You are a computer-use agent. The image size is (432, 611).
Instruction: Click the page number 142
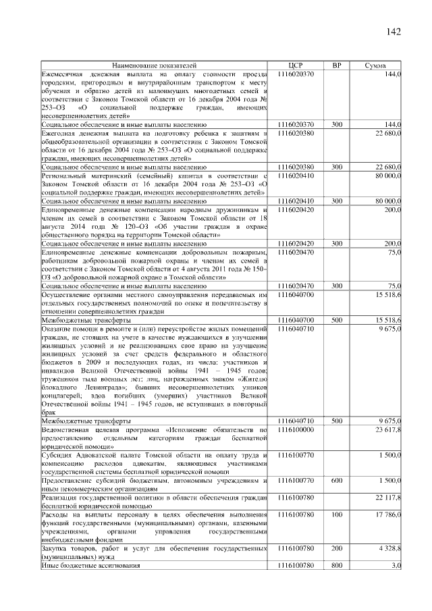[x=394, y=32]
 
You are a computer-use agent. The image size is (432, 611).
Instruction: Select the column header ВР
[x=337, y=65]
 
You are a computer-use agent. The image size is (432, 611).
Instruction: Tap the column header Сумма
[x=375, y=65]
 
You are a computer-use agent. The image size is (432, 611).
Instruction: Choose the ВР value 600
[x=337, y=480]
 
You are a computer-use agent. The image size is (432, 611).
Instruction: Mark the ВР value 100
[x=337, y=514]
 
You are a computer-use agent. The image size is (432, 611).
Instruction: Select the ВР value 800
[x=337, y=566]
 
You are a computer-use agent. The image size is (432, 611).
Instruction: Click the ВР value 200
[x=337, y=549]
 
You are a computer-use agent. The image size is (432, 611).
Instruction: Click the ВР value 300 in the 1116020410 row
[x=337, y=201]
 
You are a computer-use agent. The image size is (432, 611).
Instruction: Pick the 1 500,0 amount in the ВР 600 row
[x=390, y=480]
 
